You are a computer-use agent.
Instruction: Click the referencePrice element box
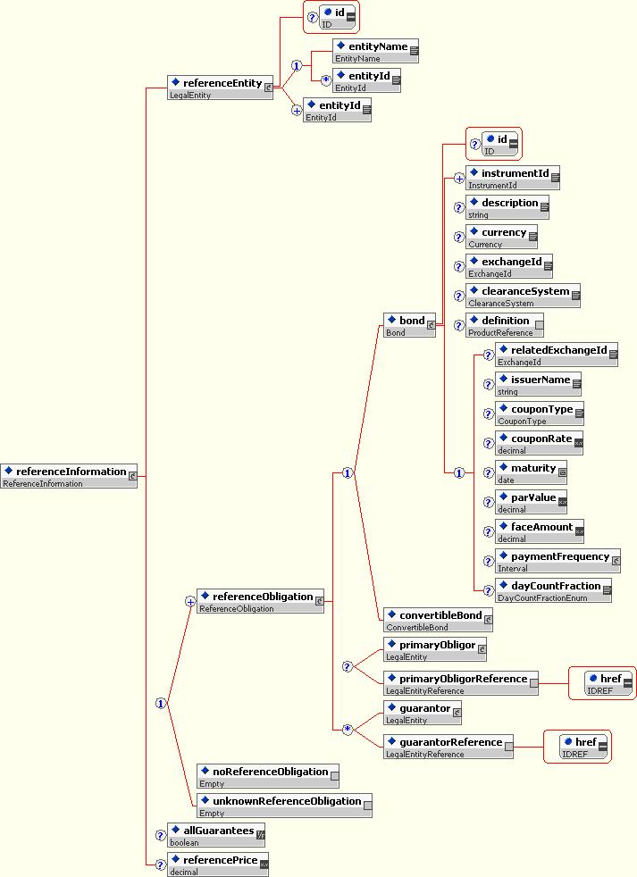[x=218, y=864]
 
